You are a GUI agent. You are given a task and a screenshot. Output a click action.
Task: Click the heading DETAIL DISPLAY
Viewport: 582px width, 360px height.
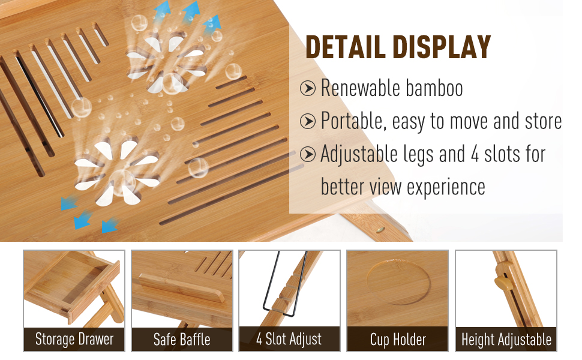pos(398,47)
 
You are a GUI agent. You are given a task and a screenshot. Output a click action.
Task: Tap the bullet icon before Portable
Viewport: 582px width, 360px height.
pos(308,122)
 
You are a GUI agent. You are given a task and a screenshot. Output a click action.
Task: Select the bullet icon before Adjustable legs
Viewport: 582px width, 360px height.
pos(308,155)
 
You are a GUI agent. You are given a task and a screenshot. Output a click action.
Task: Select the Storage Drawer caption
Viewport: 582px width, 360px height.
pos(74,340)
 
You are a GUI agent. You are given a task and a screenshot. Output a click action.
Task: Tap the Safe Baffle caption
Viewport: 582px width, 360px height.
pos(182,340)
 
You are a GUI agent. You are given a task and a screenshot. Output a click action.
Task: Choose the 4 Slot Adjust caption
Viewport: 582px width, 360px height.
pos(289,340)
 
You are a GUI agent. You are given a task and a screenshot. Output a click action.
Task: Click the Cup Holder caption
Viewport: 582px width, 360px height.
pos(398,340)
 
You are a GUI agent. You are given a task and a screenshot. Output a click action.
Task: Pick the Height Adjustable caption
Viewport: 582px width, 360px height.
pos(506,340)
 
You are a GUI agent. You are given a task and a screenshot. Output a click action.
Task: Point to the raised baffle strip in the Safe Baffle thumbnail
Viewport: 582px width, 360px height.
pos(174,286)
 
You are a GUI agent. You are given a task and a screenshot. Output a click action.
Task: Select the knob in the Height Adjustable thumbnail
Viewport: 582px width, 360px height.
pos(499,281)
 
